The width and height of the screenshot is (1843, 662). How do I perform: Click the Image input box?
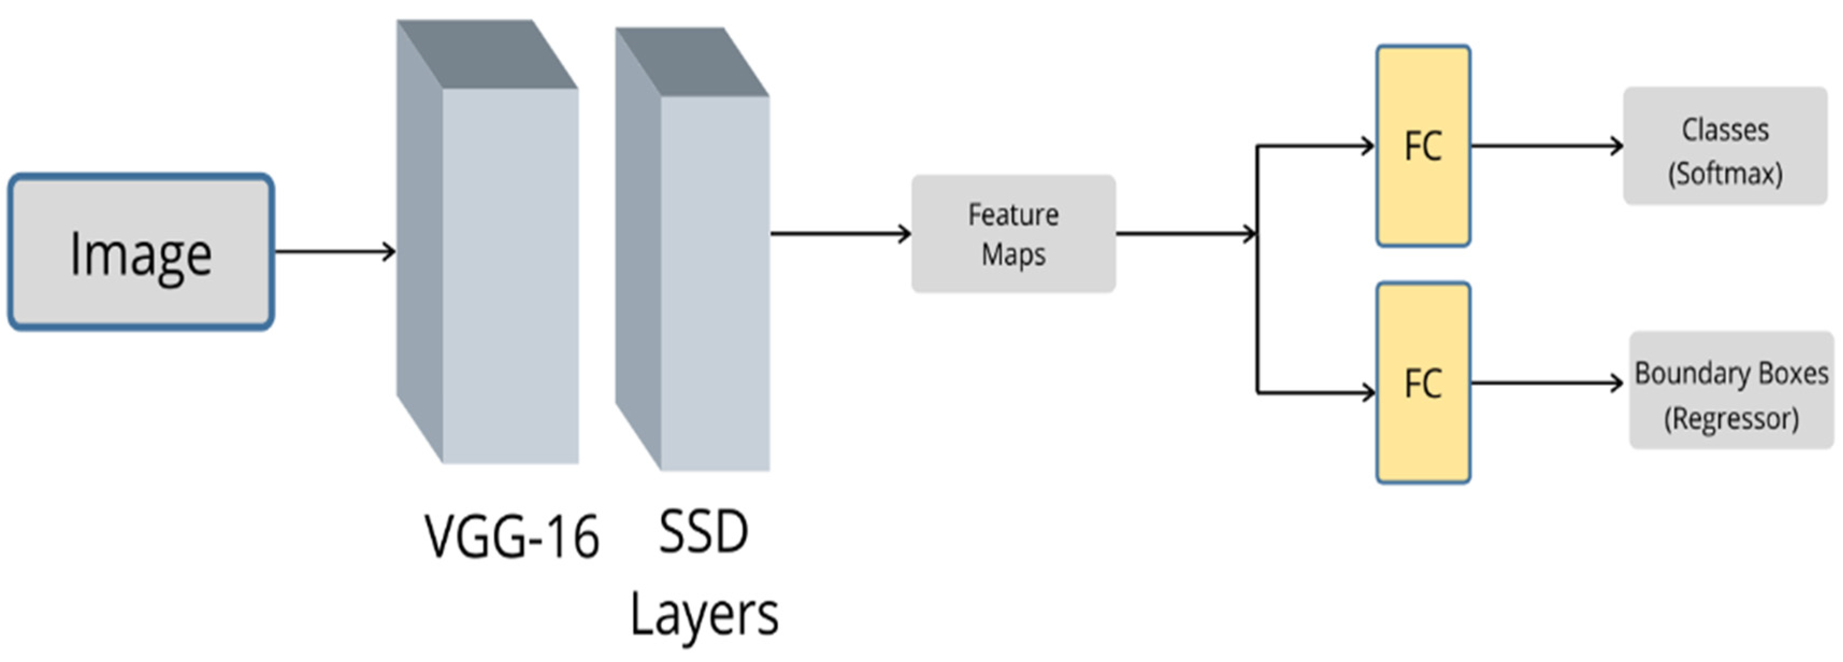[141, 252]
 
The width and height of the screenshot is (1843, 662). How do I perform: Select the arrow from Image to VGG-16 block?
[335, 251]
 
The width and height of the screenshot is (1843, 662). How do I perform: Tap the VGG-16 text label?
[512, 537]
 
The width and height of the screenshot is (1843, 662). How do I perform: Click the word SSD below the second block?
[703, 532]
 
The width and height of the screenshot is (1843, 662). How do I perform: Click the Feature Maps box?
[1013, 234]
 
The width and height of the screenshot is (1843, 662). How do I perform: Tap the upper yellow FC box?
[1423, 146]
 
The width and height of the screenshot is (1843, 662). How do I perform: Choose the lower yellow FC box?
[1423, 383]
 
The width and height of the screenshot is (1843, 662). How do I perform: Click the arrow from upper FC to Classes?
[1545, 146]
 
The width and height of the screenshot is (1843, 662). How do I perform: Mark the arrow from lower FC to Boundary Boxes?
[1545, 383]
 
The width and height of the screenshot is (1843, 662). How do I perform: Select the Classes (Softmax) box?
[1725, 146]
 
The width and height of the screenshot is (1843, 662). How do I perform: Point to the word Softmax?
[1725, 174]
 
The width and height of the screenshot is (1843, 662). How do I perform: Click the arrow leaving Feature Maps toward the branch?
[1185, 233]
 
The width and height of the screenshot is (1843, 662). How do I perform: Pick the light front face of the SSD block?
[715, 283]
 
